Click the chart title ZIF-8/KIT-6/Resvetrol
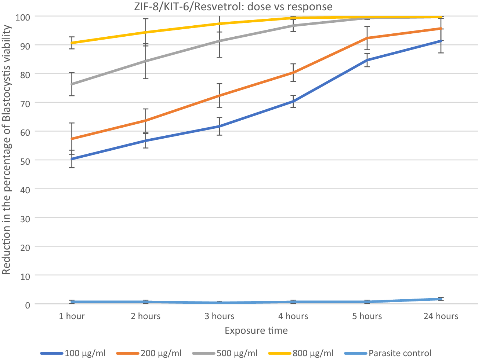(233, 6)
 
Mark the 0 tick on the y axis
(27, 304)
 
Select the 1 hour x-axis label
(72, 316)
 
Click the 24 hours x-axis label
(441, 316)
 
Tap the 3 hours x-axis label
(220, 316)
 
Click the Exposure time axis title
(256, 331)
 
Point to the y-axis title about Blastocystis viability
(6, 150)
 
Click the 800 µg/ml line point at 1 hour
(72, 43)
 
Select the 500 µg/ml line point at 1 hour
(72, 84)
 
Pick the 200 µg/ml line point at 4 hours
(293, 73)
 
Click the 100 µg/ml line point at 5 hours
(367, 60)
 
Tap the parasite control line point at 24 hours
(441, 299)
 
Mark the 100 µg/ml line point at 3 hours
(220, 126)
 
